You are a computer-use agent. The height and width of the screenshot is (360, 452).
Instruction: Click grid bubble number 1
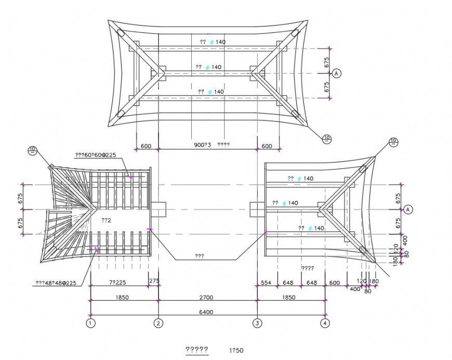click(91, 323)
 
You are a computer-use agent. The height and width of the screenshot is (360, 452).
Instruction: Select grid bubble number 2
click(158, 323)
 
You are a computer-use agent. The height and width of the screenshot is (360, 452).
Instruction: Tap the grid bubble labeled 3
click(257, 323)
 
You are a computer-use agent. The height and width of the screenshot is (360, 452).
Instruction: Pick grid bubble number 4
click(325, 323)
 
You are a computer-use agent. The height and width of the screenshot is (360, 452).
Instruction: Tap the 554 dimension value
click(266, 283)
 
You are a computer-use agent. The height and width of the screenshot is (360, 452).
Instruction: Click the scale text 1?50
click(236, 350)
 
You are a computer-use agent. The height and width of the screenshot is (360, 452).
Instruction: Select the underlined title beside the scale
click(197, 350)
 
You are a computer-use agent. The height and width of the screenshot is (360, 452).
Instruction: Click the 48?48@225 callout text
click(56, 283)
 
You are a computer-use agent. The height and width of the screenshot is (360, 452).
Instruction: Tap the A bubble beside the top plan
click(336, 73)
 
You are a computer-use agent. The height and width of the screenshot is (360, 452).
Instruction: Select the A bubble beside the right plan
click(408, 209)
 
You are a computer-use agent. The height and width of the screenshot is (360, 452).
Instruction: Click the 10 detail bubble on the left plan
click(33, 151)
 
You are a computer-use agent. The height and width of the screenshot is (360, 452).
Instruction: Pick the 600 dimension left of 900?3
click(146, 146)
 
